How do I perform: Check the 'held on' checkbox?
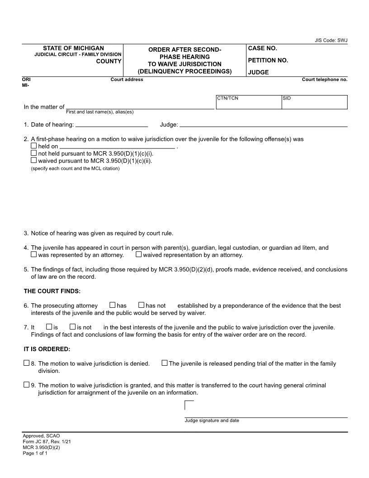(33, 146)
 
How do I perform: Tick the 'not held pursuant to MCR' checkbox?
(33, 153)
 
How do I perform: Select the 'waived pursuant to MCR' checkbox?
(33, 160)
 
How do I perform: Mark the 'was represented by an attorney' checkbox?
(33, 254)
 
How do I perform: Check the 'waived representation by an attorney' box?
(138, 254)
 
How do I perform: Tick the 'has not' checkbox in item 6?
(141, 306)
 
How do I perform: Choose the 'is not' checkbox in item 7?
(72, 326)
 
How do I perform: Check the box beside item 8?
(26, 363)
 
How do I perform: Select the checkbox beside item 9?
(26, 385)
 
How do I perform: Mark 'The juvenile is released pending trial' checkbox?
(165, 363)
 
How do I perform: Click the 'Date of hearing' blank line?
(112, 124)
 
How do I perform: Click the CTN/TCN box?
(248, 103)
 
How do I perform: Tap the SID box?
(314, 103)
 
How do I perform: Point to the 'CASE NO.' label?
(262, 48)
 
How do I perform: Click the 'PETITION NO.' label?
(268, 60)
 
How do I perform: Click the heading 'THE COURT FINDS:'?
(52, 291)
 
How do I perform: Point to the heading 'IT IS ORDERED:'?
(47, 349)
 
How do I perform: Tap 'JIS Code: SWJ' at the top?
(331, 40)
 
